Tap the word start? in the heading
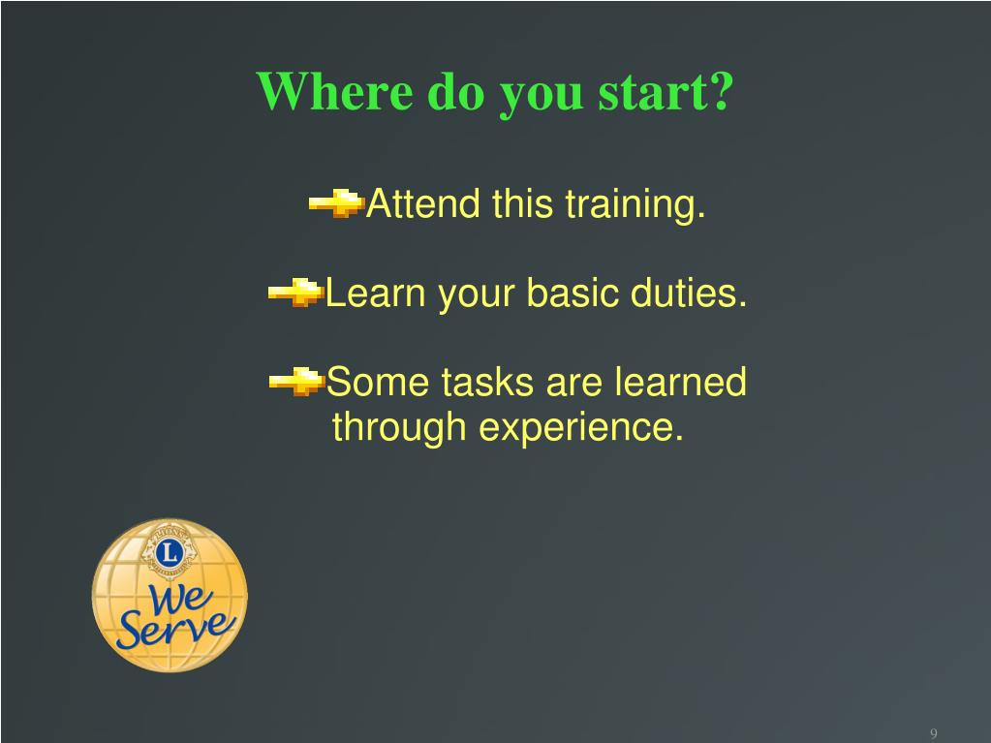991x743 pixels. [666, 91]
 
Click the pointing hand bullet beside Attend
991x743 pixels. [337, 203]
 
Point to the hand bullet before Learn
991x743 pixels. [295, 293]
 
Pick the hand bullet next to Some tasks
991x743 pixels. [296, 382]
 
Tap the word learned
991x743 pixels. [681, 382]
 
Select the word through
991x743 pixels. [399, 428]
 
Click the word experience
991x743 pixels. [581, 428]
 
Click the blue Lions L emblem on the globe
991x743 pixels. [170, 551]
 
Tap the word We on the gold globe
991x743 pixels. [179, 599]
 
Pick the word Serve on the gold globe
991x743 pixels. [176, 629]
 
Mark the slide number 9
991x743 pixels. [934, 733]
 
